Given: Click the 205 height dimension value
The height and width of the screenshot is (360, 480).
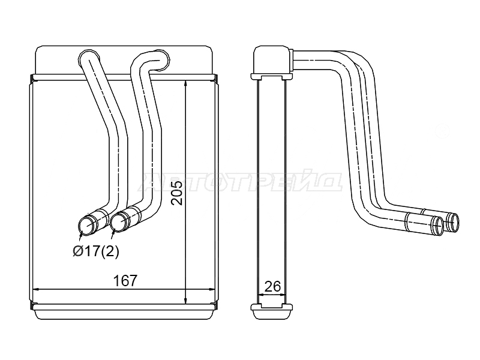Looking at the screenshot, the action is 176,193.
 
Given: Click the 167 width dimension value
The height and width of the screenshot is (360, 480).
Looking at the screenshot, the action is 125,280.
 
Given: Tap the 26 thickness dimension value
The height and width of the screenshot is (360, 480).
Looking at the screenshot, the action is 272,286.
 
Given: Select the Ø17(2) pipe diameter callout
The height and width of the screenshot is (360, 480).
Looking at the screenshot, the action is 96,251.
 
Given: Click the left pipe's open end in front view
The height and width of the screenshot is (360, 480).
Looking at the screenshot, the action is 86,226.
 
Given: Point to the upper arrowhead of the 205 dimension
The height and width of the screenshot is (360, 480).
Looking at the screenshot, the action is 186,85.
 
